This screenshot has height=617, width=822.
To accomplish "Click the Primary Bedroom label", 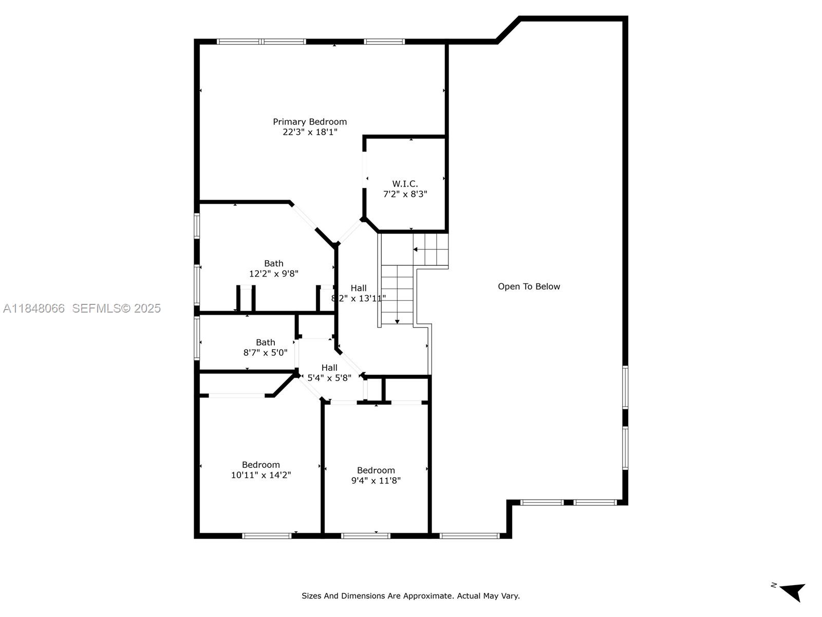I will [x=309, y=122].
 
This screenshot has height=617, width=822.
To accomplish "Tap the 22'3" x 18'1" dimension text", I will [x=309, y=132].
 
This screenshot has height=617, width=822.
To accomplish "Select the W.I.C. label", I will [x=405, y=184].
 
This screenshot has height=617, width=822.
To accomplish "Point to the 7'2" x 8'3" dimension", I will [x=405, y=194].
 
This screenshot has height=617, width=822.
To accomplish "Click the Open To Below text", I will [x=529, y=286].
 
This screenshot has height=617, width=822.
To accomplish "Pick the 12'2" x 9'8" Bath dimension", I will [x=273, y=274].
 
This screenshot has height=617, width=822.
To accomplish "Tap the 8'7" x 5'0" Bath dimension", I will [x=265, y=353].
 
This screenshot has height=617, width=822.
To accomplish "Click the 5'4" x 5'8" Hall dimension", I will [x=329, y=378].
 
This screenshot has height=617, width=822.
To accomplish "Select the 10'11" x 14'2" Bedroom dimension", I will [x=260, y=475].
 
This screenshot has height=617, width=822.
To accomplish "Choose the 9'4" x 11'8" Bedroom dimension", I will [x=376, y=481].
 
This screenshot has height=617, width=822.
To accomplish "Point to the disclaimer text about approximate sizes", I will [x=410, y=596].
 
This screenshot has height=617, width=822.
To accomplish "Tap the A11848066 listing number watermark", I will [x=34, y=308].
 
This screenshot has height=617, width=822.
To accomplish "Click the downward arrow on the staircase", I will [x=397, y=321].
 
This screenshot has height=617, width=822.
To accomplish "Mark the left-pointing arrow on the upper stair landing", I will [x=415, y=249].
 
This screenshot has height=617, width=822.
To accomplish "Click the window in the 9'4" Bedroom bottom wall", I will [x=366, y=536].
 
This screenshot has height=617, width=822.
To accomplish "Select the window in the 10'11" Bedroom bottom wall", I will [x=267, y=536].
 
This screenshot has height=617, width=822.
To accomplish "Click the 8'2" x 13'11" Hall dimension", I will [x=359, y=298].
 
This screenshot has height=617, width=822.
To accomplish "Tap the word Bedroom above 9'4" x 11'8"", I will [x=376, y=470].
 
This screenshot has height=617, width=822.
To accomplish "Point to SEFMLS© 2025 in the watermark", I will [x=116, y=308].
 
